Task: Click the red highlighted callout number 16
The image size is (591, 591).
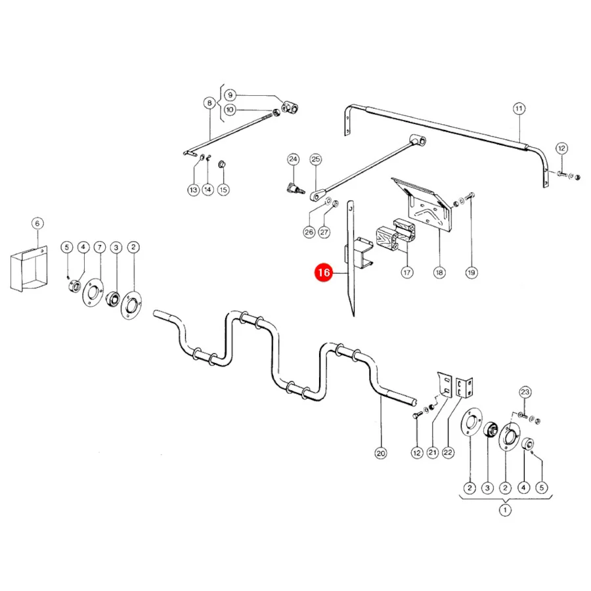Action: (324, 272)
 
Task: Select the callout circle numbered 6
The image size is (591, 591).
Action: (37, 223)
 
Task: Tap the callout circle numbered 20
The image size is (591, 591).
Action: (381, 453)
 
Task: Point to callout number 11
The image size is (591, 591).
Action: (519, 108)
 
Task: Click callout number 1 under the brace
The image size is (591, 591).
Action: (505, 510)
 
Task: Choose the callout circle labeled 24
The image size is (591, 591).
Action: (294, 159)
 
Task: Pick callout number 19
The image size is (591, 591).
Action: (471, 272)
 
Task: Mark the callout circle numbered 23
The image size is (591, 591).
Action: (525, 392)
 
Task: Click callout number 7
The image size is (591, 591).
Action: (100, 248)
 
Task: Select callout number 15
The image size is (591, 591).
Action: (223, 190)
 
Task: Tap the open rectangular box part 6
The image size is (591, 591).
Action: (29, 269)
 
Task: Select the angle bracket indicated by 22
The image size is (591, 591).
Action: (464, 387)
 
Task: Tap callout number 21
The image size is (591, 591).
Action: (432, 452)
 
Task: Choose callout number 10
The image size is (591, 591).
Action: (230, 110)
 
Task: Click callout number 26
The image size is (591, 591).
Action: (309, 232)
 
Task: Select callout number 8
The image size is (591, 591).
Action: (209, 102)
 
